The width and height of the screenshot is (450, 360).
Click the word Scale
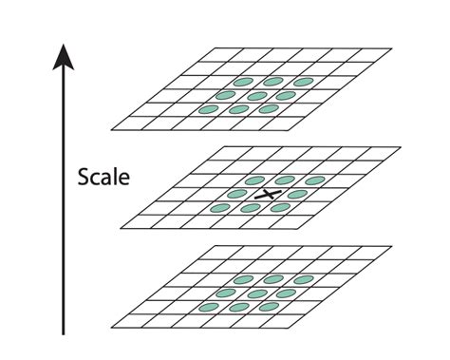click(x=105, y=177)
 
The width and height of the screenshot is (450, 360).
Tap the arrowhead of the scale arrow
click(x=63, y=55)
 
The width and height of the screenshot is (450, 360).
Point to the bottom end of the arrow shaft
click(x=63, y=334)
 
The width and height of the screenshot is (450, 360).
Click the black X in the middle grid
click(x=272, y=194)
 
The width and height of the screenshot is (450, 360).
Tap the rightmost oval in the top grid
click(x=303, y=82)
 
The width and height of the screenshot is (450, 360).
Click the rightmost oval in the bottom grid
click(x=303, y=279)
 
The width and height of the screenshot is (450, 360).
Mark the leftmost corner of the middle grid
click(x=122, y=228)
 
